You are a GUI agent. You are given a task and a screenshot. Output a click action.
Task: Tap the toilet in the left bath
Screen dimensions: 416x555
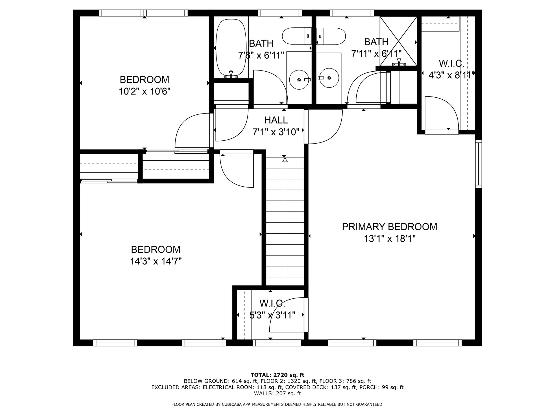pos(296,36)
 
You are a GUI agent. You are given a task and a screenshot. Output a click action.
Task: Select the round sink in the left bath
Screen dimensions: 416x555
pos(299,79)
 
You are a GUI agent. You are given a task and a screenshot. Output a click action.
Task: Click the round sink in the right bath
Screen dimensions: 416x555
pos(329,78)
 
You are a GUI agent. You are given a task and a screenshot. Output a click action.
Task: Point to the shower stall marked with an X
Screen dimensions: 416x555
pos(398,41)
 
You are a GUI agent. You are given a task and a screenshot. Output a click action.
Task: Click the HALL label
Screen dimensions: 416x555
pos(276,120)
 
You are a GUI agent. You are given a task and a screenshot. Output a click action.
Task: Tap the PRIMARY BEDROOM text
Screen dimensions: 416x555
pos(389,227)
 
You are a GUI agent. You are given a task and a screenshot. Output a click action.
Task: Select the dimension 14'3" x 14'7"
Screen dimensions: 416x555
pos(156,261)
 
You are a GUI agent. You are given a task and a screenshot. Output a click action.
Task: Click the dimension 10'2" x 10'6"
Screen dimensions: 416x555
pos(145,92)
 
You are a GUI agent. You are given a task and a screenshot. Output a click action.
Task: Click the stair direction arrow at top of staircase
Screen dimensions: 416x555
pos(285,159)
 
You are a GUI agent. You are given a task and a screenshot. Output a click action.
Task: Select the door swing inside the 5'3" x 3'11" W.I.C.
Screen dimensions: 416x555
pos(286,316)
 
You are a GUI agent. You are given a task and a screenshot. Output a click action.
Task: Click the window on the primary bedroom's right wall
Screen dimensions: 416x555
pos(478,164)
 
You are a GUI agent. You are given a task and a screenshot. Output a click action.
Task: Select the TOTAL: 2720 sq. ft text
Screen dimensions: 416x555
pos(277,375)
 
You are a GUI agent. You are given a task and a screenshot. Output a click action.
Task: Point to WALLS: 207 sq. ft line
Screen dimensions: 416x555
pos(277,393)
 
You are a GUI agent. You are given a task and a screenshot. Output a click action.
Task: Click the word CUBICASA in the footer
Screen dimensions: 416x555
pos(232,404)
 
